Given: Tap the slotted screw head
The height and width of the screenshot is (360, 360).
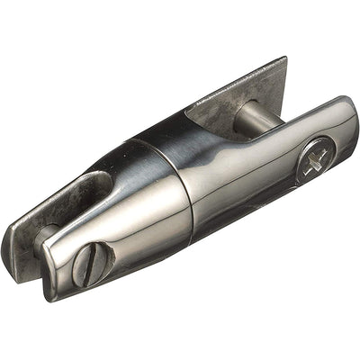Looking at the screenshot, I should pyautogui.click(x=93, y=262).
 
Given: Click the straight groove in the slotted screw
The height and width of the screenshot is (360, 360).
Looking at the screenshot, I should pyautogui.click(x=93, y=262).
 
